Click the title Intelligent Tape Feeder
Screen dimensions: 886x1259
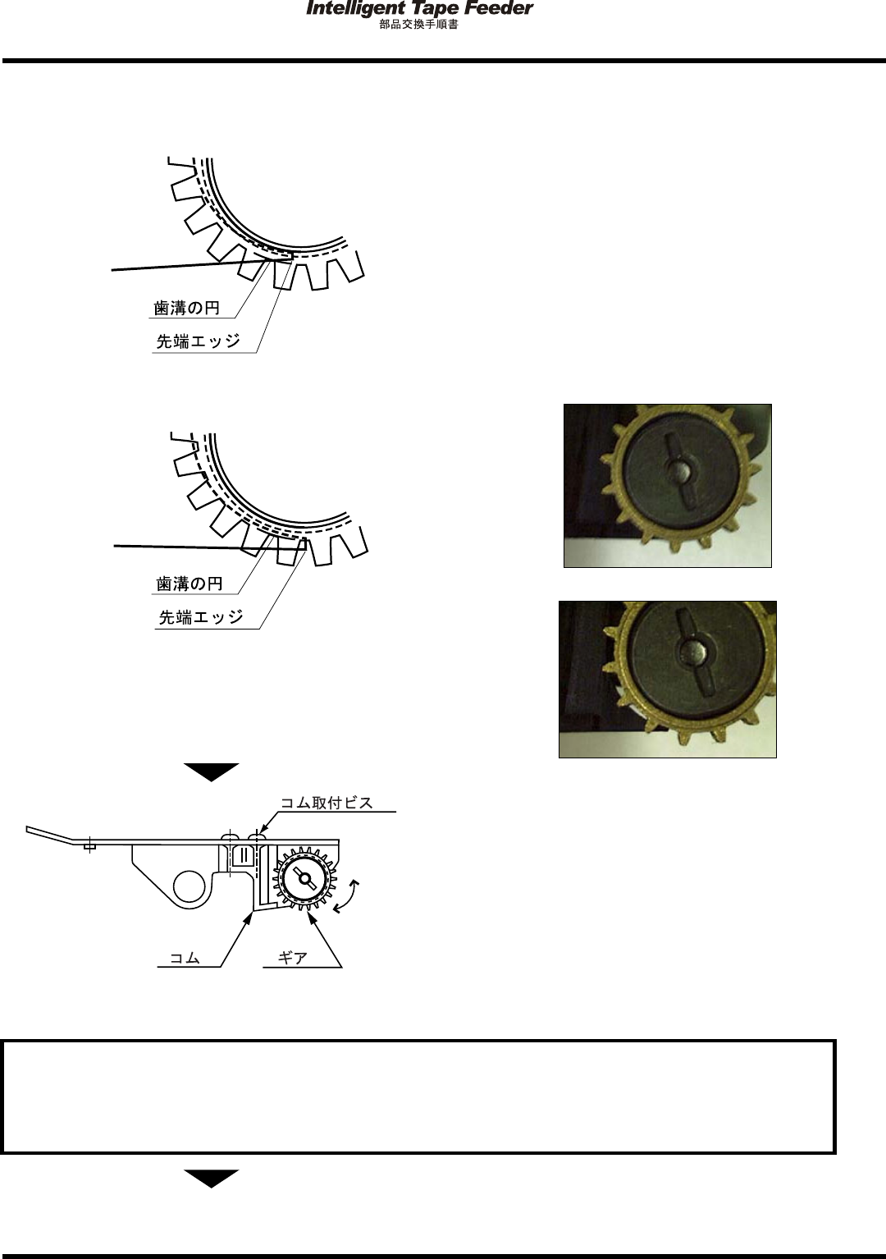tap(418, 9)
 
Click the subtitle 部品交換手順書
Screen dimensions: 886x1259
tap(418, 25)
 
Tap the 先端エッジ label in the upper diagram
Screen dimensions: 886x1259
tap(199, 341)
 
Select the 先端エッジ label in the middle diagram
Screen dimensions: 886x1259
tap(201, 616)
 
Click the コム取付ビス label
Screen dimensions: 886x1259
tap(327, 803)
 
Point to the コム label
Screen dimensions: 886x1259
tap(185, 957)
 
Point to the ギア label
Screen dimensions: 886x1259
tap(292, 957)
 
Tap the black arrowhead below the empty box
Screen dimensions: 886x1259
tap(211, 1178)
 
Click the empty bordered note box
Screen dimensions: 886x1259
tap(418, 1096)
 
